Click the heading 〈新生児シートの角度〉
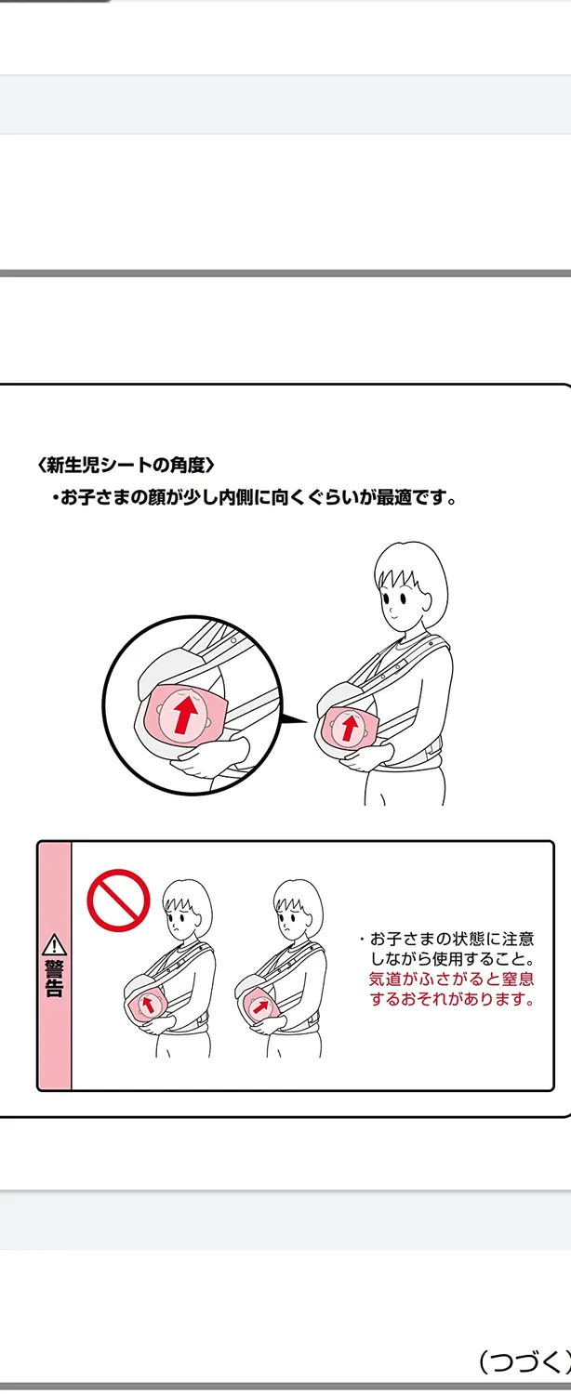tap(126, 465)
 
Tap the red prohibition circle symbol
tap(118, 900)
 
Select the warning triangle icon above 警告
tap(55, 944)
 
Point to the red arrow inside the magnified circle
tap(188, 714)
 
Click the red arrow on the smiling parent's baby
tap(350, 727)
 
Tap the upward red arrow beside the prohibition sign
tap(148, 1004)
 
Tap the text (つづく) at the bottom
tap(524, 1361)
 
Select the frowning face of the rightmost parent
tap(294, 918)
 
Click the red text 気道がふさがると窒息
tap(451, 979)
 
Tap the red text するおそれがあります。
tap(451, 999)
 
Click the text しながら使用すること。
tap(453, 958)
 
